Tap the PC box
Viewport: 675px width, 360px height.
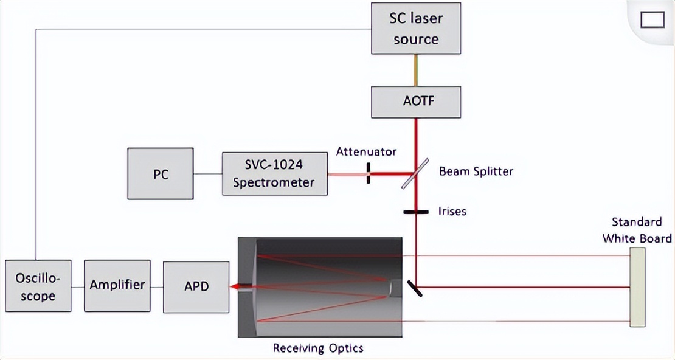tap(161, 174)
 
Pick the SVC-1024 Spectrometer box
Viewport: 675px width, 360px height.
tap(275, 174)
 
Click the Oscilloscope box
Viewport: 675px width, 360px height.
tap(38, 286)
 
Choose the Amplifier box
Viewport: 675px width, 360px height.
tap(117, 285)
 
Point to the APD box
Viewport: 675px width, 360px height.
tap(196, 285)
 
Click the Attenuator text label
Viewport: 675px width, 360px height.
tap(366, 151)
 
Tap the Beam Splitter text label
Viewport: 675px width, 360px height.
tap(476, 171)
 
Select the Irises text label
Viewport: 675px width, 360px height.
tap(452, 212)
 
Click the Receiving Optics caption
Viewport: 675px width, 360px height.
tap(318, 348)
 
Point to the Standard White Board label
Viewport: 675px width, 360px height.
tap(637, 229)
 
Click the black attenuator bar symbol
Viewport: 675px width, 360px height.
tap(369, 173)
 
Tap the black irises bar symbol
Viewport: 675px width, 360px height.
tap(416, 212)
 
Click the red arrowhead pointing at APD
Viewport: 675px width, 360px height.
tap(234, 286)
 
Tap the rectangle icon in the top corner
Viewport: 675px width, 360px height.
tap(652, 20)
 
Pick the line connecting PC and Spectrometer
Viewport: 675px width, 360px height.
tap(207, 174)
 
